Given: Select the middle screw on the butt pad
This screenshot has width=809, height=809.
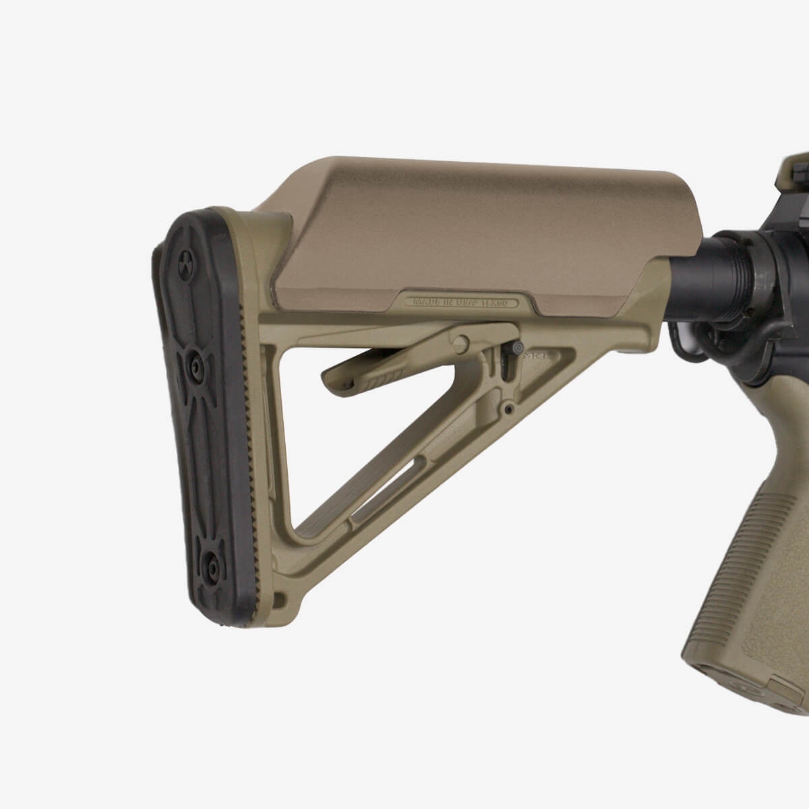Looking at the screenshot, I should [195, 364].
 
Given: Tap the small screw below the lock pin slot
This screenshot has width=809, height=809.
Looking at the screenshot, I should [509, 408].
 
